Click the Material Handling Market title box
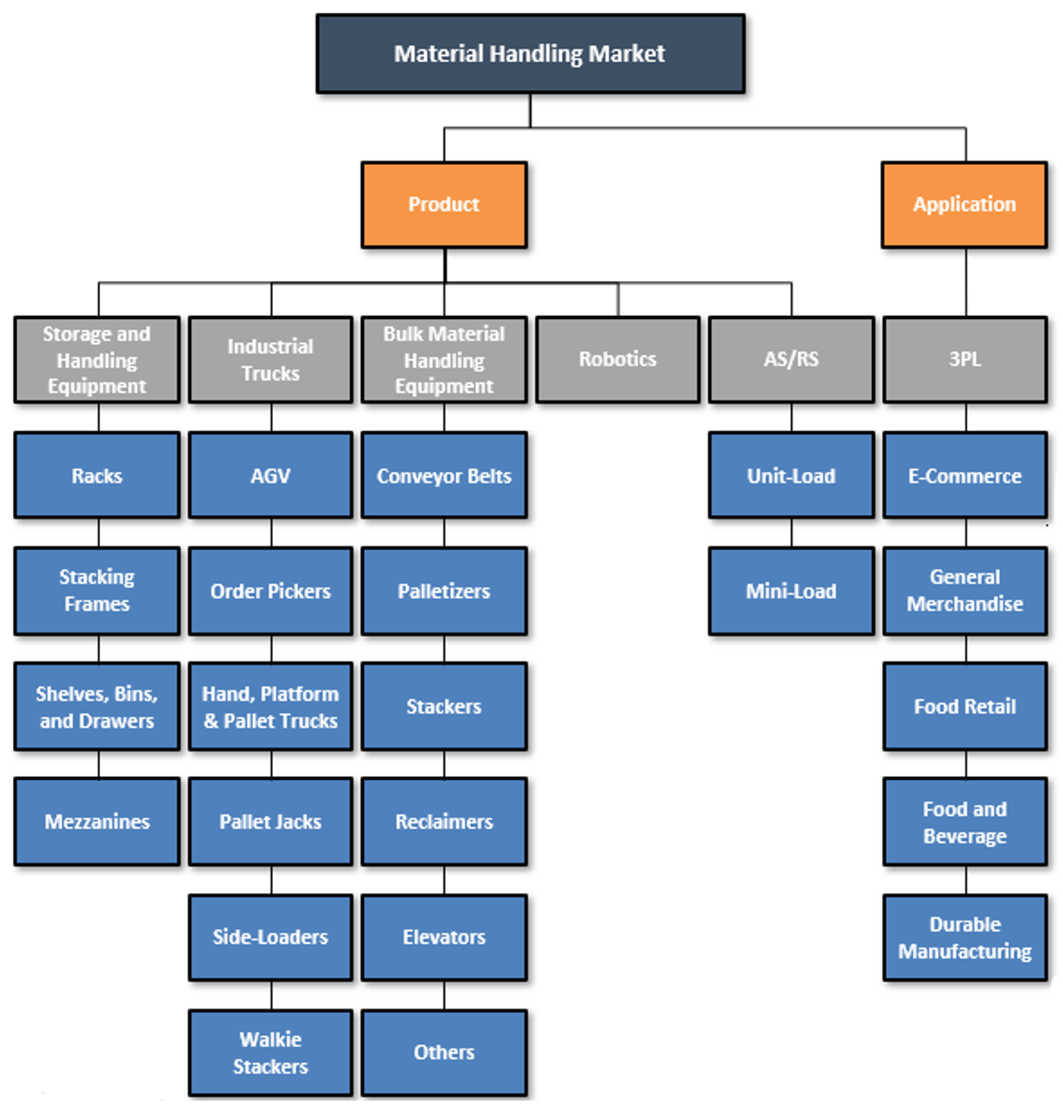point(530,54)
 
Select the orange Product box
point(444,204)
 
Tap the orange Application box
point(964,204)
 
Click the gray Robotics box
point(618,359)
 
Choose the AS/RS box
point(791,359)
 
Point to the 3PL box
point(964,359)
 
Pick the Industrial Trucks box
point(270,359)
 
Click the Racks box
point(97,475)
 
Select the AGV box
point(270,475)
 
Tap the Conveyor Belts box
point(444,475)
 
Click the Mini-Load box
point(791,591)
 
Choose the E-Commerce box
point(964,475)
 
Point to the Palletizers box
point(444,591)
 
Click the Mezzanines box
point(97,822)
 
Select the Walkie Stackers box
point(270,1053)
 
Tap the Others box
point(444,1053)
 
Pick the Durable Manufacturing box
point(964,937)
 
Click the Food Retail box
point(964,706)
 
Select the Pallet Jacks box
point(270,822)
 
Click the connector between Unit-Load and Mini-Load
point(791,533)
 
